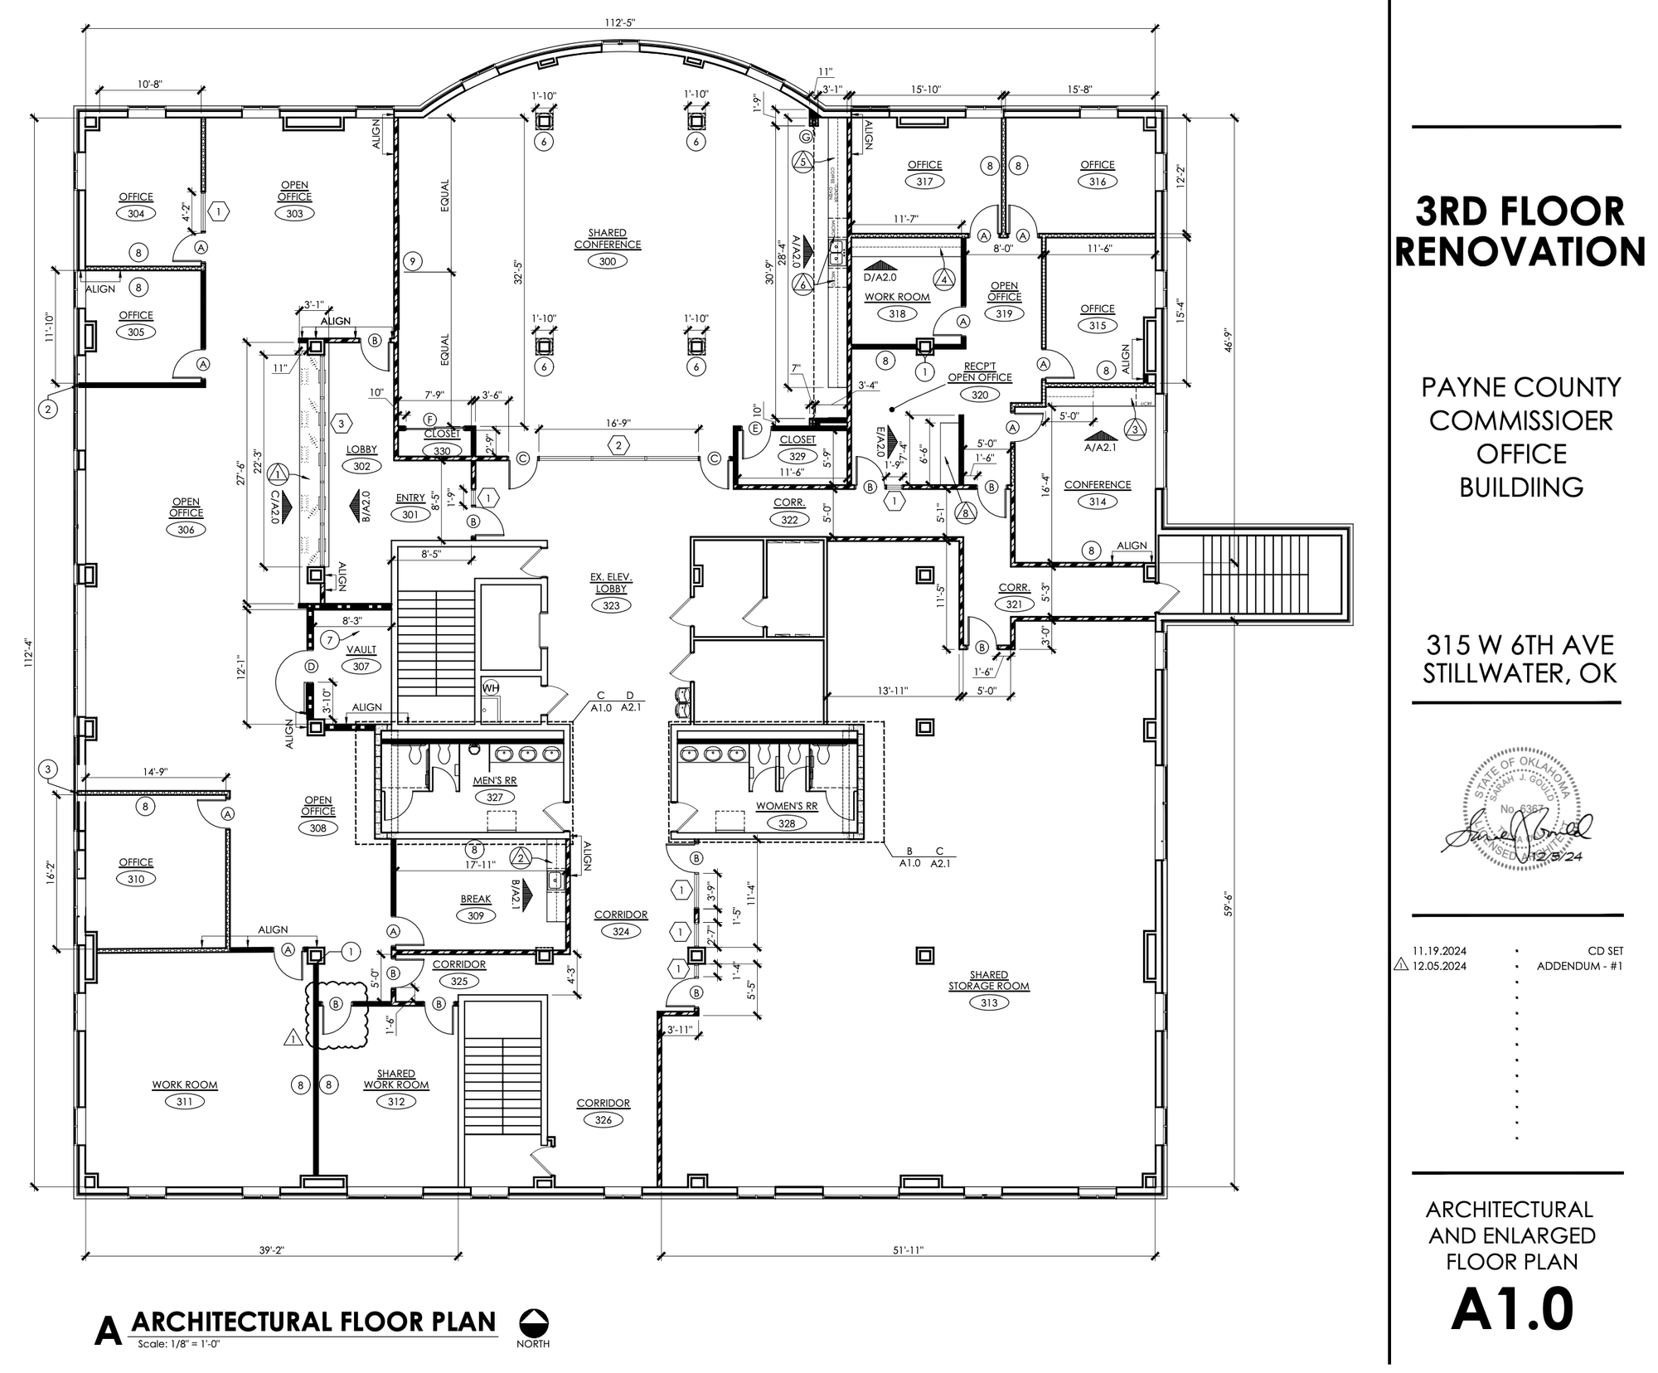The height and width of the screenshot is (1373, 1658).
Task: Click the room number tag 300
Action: point(607,261)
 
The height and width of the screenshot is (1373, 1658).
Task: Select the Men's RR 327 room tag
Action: point(494,797)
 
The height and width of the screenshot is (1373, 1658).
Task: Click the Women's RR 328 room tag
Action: point(786,822)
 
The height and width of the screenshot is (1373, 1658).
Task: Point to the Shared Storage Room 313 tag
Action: point(988,1002)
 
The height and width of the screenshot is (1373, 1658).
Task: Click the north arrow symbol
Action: point(533,1322)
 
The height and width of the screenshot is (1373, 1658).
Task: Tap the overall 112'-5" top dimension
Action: point(622,22)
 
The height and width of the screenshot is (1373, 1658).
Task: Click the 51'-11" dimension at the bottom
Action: point(909,1250)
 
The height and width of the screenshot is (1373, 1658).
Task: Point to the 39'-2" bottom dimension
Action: point(271,1250)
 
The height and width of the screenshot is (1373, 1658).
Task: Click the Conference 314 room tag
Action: point(1097,501)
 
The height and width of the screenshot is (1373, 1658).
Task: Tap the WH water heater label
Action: point(491,687)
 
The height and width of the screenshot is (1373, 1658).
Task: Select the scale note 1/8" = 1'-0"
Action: point(180,1344)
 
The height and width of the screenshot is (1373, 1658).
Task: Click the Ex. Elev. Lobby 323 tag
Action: point(610,605)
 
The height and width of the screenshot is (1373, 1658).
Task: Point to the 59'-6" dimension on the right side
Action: point(1229,904)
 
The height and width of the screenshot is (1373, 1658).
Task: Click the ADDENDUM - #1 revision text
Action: point(1579,966)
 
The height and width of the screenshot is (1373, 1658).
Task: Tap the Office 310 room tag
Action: point(136,879)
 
